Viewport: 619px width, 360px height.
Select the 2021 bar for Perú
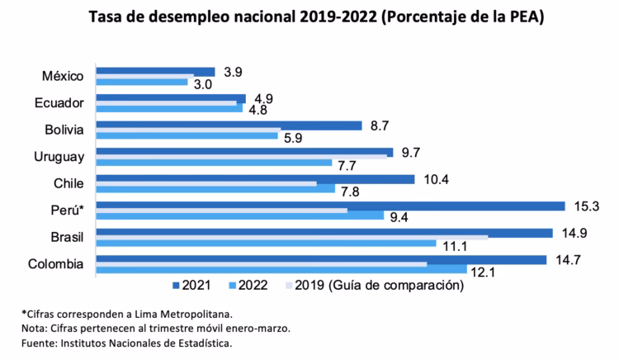click(x=330, y=206)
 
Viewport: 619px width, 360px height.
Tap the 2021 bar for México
click(x=155, y=73)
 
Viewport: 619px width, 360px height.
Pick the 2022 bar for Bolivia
click(x=187, y=135)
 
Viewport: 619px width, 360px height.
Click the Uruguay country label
click(x=58, y=157)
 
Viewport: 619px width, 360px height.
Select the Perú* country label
click(x=64, y=211)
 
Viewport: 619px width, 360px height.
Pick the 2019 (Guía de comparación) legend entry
click(x=376, y=287)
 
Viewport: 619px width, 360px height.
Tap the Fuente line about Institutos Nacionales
click(x=126, y=342)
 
